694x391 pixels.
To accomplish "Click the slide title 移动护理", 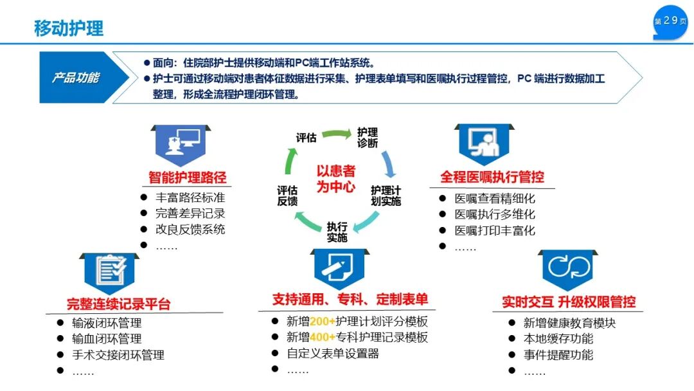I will pyautogui.click(x=68, y=28).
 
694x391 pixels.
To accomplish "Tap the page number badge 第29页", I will pyautogui.click(x=670, y=21).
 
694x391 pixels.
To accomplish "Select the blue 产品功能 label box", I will pyautogui.click(x=76, y=78).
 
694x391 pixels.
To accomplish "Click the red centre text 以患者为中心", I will pyautogui.click(x=335, y=179).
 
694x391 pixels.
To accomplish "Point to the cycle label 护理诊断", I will pyautogui.click(x=368, y=138).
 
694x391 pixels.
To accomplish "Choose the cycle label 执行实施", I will pyautogui.click(x=337, y=232).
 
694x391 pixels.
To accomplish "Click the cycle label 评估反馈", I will pyautogui.click(x=287, y=196).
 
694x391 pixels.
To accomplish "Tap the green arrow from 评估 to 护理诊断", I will pyautogui.click(x=333, y=134).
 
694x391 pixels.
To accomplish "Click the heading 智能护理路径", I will pyautogui.click(x=188, y=177).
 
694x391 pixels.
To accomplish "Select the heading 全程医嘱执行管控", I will pyautogui.click(x=492, y=177).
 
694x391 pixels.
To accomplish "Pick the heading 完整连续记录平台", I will pyautogui.click(x=119, y=304).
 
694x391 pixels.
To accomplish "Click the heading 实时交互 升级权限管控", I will pyautogui.click(x=569, y=302).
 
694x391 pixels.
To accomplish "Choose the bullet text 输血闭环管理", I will pyautogui.click(x=107, y=339).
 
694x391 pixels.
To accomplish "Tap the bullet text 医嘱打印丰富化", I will pyautogui.click(x=495, y=231).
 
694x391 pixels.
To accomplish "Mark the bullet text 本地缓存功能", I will pyautogui.click(x=558, y=339).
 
